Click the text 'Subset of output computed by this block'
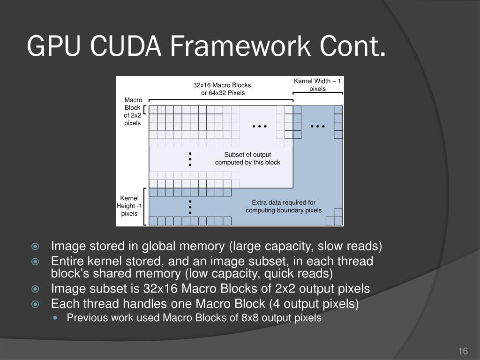pos(247,158)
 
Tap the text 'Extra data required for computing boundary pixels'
pos(284,206)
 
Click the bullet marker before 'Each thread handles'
pos(35,304)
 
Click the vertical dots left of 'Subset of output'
pos(190,159)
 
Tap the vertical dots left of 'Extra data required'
pos(190,207)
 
